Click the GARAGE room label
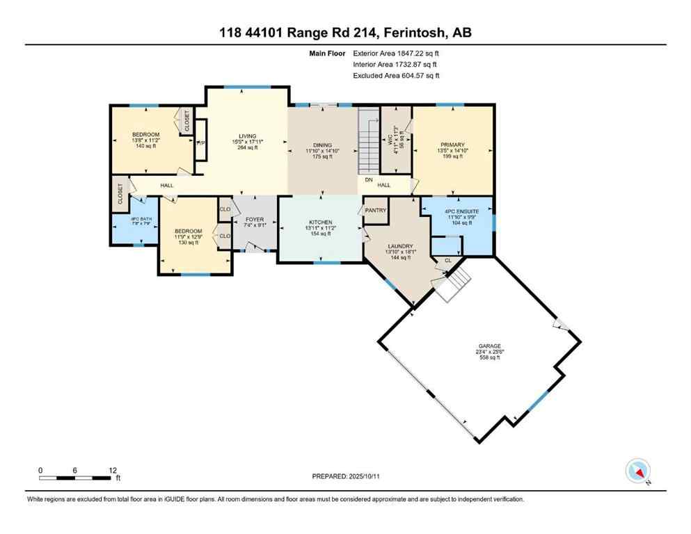click(x=489, y=346)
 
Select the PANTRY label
click(x=376, y=211)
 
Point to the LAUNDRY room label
click(x=401, y=246)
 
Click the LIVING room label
click(x=247, y=136)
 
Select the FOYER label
click(x=255, y=219)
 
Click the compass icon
click(x=637, y=471)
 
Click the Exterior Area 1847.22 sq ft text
click(x=396, y=52)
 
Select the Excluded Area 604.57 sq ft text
click(x=396, y=75)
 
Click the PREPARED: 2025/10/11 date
click(x=346, y=476)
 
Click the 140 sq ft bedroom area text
click(x=146, y=147)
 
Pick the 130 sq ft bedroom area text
click(x=188, y=243)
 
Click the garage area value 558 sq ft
click(x=489, y=357)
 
